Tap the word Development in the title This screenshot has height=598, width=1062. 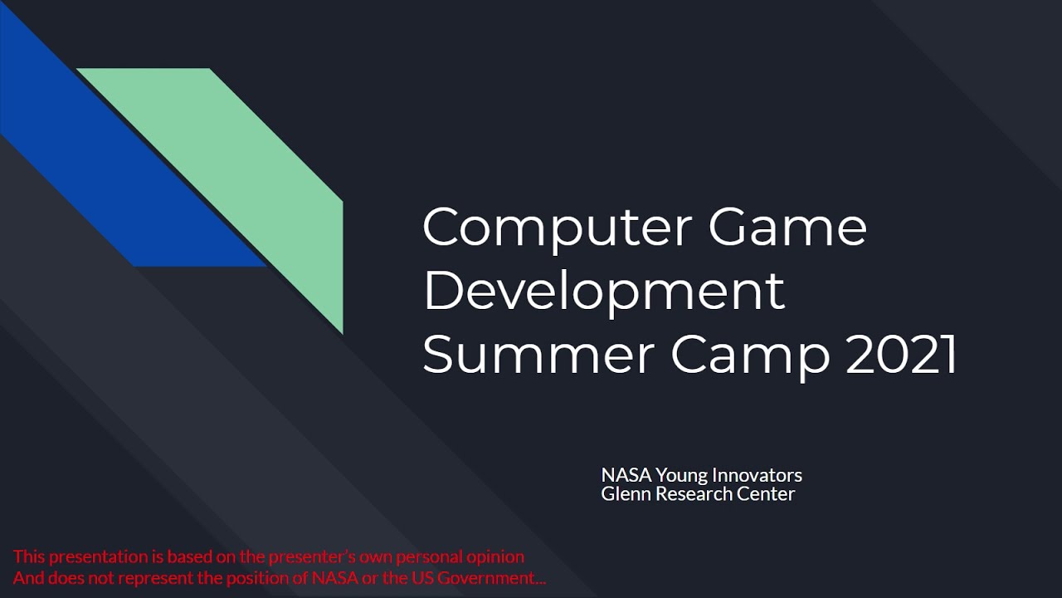click(x=603, y=291)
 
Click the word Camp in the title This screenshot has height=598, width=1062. click(x=750, y=355)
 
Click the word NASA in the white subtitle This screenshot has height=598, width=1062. click(x=626, y=475)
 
